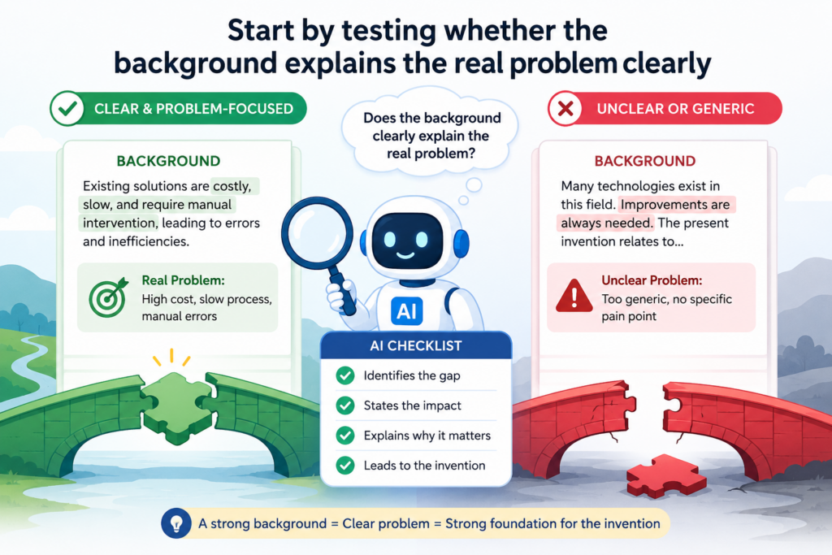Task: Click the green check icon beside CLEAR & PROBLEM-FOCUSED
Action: click(x=67, y=109)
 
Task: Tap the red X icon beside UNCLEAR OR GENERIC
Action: click(x=565, y=109)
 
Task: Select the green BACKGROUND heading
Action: click(x=168, y=162)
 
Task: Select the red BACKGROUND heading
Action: click(x=644, y=162)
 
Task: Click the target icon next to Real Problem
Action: click(x=109, y=297)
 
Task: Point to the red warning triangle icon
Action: click(x=574, y=296)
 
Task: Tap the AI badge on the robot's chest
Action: click(x=406, y=311)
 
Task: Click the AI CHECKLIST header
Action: click(x=416, y=346)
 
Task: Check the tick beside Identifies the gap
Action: click(x=345, y=375)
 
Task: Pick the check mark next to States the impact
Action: click(x=345, y=406)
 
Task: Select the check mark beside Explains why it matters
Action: click(x=345, y=436)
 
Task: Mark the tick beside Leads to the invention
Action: click(x=345, y=466)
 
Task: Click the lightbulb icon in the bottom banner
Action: click(x=176, y=523)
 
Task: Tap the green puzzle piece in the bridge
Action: click(x=176, y=406)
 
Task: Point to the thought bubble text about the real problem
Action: click(x=431, y=136)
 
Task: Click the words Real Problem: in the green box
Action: click(x=183, y=280)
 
